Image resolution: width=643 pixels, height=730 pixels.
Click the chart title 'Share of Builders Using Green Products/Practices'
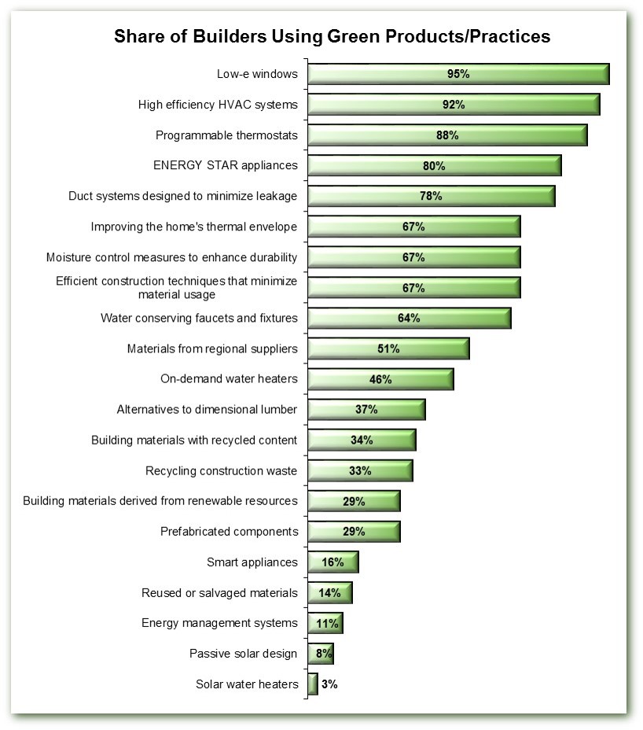pos(332,37)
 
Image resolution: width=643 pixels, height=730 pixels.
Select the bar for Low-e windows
pos(377,74)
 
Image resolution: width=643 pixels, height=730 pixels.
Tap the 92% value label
pos(453,105)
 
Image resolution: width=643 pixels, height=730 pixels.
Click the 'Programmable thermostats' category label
pos(226,135)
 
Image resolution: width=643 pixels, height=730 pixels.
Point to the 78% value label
pos(430,196)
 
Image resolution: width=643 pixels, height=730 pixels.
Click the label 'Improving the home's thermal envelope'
pos(194,227)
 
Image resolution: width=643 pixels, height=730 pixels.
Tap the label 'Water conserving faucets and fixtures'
pos(199,318)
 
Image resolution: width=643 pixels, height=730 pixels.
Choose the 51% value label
pos(388,348)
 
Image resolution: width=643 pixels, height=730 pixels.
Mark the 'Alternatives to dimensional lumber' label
pos(207,409)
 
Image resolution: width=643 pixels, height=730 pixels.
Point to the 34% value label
pos(362,440)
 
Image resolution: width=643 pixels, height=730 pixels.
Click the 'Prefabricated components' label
pos(230,531)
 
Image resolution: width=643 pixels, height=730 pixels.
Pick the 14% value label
pos(329,592)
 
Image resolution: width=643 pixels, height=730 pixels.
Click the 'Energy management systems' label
pos(219,623)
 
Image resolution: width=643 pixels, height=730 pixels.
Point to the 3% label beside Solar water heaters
pos(329,684)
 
